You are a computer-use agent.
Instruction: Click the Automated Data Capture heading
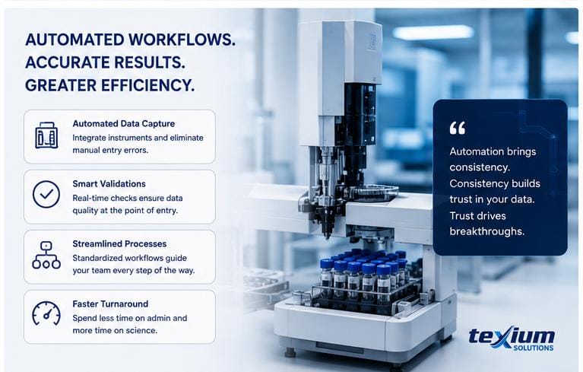123,123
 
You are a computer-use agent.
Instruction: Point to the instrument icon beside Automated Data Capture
46,135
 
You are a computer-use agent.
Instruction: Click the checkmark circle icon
46,194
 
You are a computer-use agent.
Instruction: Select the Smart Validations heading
109,184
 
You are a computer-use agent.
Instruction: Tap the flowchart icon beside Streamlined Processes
46,255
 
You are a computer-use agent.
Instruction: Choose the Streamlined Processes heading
119,243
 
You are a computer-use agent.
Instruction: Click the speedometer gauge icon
46,313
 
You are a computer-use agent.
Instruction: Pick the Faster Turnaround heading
110,304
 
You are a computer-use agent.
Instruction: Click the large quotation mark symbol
457,128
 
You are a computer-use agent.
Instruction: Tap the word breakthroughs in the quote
486,231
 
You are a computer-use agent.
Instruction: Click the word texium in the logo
512,336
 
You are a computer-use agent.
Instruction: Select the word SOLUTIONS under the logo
533,348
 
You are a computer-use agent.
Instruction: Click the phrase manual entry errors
110,151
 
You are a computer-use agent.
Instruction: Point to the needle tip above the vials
328,237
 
